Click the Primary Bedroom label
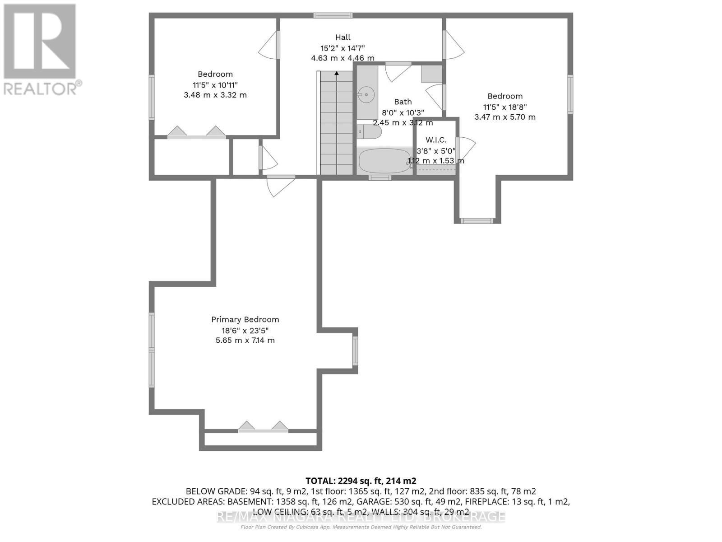click(245, 319)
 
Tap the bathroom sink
click(366, 95)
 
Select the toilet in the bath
click(370, 132)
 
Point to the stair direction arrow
click(336, 73)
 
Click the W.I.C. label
click(436, 140)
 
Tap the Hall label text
click(342, 37)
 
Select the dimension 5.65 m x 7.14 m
click(245, 340)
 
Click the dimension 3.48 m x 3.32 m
click(215, 95)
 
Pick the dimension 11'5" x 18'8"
click(505, 107)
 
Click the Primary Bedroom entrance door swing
click(280, 185)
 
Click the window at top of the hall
click(333, 15)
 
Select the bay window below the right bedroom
click(477, 221)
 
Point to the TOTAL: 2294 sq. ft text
click(361, 481)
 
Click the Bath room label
click(403, 102)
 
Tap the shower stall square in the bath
click(432, 74)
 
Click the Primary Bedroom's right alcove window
click(355, 351)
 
